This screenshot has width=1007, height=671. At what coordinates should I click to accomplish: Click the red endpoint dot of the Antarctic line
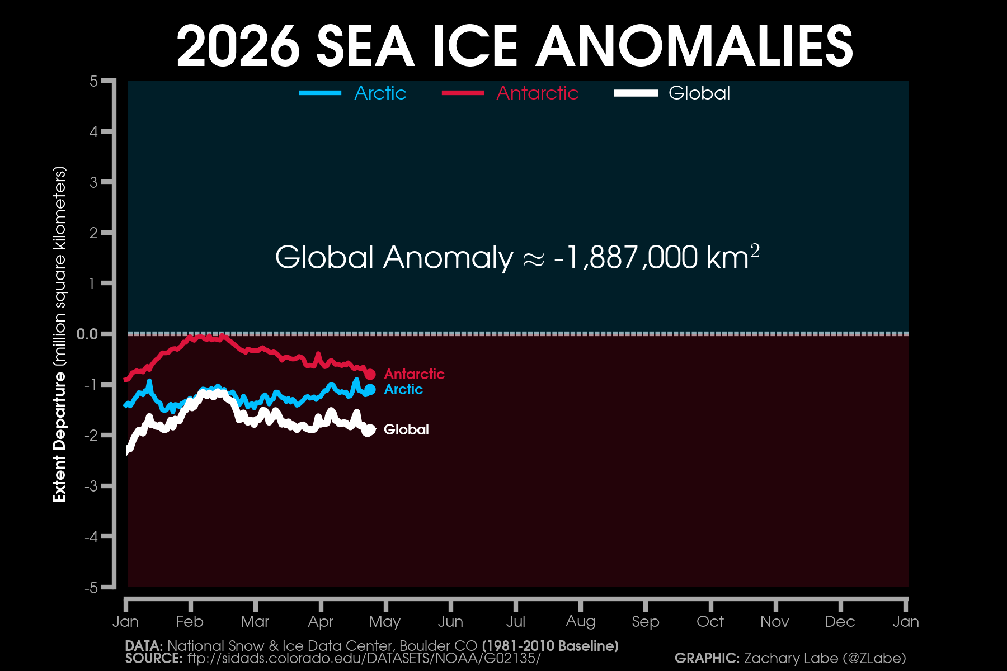tap(370, 374)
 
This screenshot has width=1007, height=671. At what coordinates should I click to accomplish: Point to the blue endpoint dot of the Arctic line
tap(370, 390)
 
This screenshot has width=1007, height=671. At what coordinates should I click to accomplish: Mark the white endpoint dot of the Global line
tap(370, 430)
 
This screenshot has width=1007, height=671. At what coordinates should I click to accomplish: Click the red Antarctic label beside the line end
tap(414, 374)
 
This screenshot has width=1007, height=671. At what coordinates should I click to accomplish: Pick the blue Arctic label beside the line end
tap(403, 389)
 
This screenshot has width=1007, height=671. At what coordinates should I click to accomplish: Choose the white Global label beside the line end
tap(406, 429)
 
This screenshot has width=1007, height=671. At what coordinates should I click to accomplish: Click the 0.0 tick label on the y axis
tap(87, 334)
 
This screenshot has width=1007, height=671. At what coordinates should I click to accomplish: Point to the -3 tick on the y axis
tap(91, 486)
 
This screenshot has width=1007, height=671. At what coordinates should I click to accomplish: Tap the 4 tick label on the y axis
tap(93, 132)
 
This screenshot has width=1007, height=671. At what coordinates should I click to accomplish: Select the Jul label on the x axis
tap(515, 621)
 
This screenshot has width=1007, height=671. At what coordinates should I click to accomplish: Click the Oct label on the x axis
tap(710, 621)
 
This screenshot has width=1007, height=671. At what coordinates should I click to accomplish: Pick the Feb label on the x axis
tap(190, 621)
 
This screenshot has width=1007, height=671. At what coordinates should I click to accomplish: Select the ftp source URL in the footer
tap(364, 658)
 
